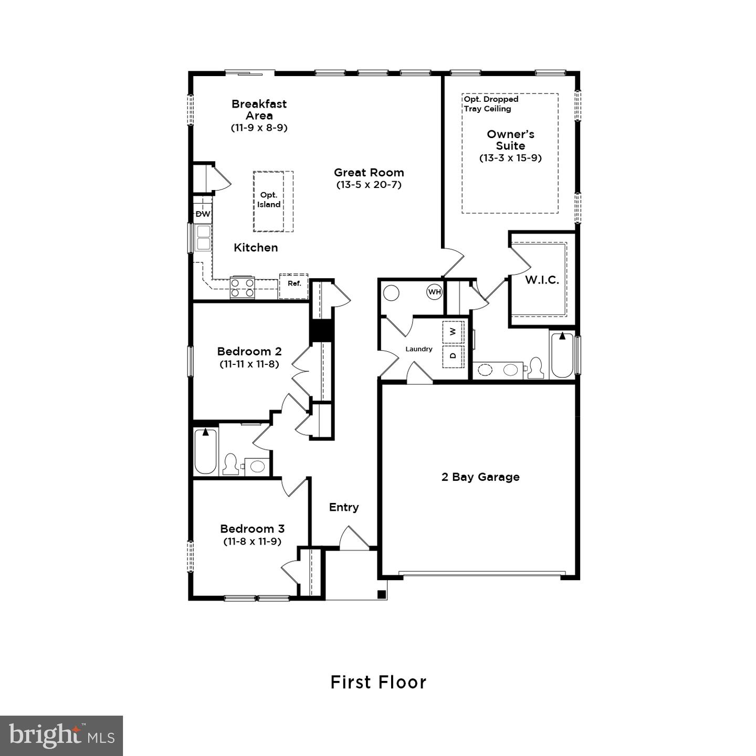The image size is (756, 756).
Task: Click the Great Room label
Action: [369, 172]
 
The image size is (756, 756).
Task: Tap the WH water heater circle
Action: [435, 291]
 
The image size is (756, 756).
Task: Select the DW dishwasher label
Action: [203, 214]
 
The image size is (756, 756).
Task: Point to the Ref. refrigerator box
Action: [294, 284]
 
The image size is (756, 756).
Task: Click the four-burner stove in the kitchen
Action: [242, 288]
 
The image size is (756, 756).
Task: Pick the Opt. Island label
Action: [269, 200]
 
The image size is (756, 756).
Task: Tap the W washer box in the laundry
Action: [453, 332]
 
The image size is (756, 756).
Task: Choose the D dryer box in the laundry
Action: [453, 355]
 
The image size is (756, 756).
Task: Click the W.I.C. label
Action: [542, 280]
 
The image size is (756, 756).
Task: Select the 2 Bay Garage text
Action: [480, 477]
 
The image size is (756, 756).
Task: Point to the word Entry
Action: [344, 507]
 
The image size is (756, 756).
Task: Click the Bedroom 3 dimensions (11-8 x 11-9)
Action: [252, 541]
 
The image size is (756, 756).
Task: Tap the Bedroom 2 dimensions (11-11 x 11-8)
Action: [249, 364]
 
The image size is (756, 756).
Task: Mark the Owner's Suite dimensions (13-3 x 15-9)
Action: [510, 158]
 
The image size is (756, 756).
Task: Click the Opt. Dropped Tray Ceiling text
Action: [491, 104]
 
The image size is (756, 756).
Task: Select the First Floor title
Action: [378, 682]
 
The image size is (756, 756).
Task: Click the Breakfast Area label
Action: [259, 110]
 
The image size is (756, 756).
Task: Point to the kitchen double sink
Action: [203, 238]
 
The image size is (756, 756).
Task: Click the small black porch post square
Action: [382, 595]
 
